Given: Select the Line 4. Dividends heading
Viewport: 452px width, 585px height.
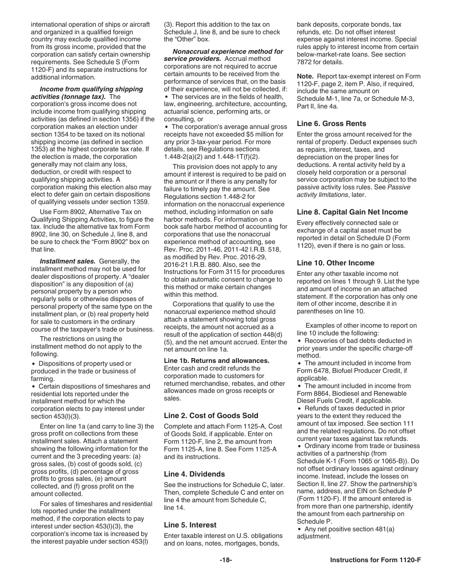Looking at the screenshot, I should (194, 474).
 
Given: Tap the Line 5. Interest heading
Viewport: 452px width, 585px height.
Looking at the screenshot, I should (190, 525).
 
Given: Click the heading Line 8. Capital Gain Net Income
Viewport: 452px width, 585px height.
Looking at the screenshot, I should (352, 212).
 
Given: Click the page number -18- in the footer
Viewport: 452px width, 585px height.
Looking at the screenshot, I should (226, 560).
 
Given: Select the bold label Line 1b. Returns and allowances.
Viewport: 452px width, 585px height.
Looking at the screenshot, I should (223, 361).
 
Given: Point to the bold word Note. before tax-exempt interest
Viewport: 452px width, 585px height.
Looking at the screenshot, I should (305, 76).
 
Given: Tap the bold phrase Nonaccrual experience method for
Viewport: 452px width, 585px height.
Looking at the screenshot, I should (227, 51).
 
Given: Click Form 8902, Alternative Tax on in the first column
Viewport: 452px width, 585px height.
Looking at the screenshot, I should (90, 212).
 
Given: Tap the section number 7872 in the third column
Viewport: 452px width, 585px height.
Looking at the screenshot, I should (305, 62).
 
